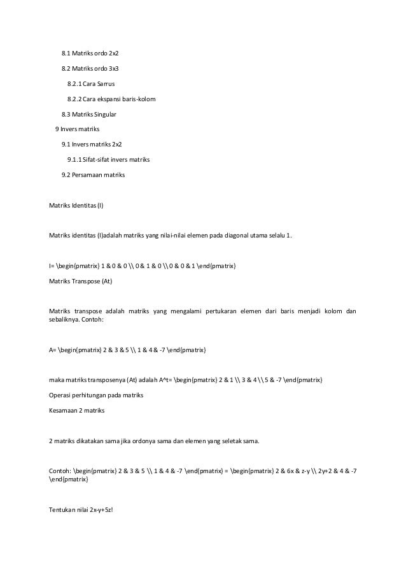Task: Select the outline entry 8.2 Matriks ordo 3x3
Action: (x=90, y=67)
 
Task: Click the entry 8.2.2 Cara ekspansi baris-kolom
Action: (x=111, y=99)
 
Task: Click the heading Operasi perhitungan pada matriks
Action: (x=96, y=396)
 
